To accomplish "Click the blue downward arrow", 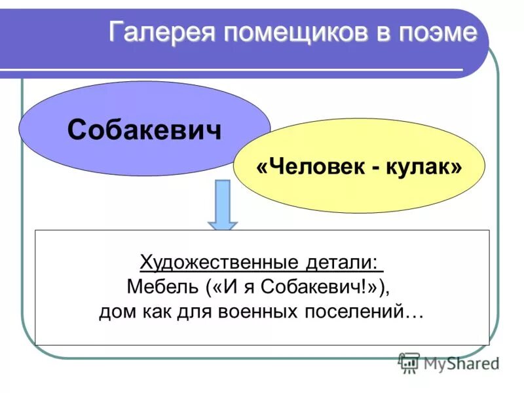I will click(223, 206).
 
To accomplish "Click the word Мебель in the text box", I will click(163, 287).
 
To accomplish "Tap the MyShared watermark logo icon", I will click(409, 361).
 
